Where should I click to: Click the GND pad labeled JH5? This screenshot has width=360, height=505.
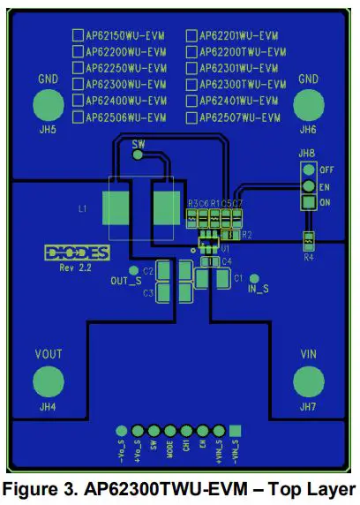coord(49,106)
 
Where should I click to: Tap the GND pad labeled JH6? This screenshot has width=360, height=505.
coord(307,106)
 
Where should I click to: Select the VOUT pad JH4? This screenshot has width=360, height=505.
coord(49,381)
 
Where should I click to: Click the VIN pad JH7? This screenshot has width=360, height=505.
coord(307,381)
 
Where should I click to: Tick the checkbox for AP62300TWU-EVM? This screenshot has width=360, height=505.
coord(191,84)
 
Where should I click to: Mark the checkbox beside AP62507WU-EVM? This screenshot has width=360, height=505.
coord(191,117)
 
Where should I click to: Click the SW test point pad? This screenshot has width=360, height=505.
coord(138,155)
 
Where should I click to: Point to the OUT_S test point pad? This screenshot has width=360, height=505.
coord(133,270)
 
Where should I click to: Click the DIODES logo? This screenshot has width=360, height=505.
coord(76,253)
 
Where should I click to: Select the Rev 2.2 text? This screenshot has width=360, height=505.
coord(77,267)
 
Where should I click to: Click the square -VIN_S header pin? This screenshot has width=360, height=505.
coord(236,431)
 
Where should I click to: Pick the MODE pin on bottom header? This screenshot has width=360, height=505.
coord(169,431)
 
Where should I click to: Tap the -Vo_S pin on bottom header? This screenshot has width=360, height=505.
coord(122,431)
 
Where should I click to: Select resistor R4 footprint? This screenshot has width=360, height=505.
coord(308,239)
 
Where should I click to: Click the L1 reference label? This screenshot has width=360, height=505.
coord(82,209)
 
